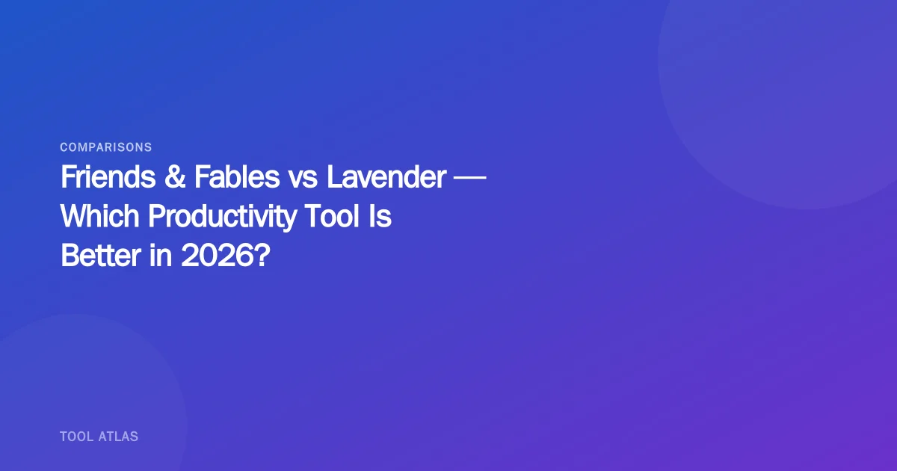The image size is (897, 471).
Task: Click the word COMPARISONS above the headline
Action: pyautogui.click(x=106, y=147)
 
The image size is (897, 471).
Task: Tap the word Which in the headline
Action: pyautogui.click(x=100, y=217)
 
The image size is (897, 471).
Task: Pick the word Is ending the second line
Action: pyautogui.click(x=382, y=217)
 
